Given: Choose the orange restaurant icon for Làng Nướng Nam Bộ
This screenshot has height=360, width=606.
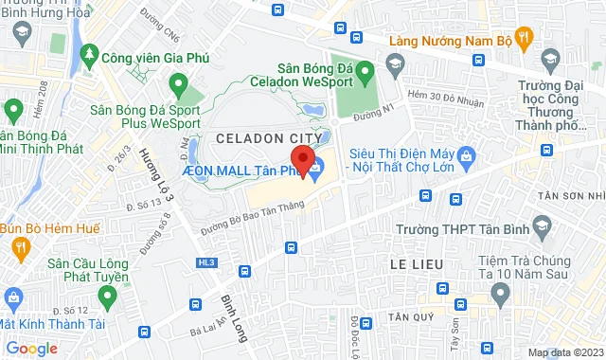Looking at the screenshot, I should [527, 38].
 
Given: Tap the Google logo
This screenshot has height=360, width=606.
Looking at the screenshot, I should [31, 348].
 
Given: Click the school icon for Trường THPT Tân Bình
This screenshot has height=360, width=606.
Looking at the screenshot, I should [542, 226].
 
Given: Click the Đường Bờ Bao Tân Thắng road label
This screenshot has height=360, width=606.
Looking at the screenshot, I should [251, 220].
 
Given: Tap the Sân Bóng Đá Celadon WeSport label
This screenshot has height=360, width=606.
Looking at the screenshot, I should [328, 75].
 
